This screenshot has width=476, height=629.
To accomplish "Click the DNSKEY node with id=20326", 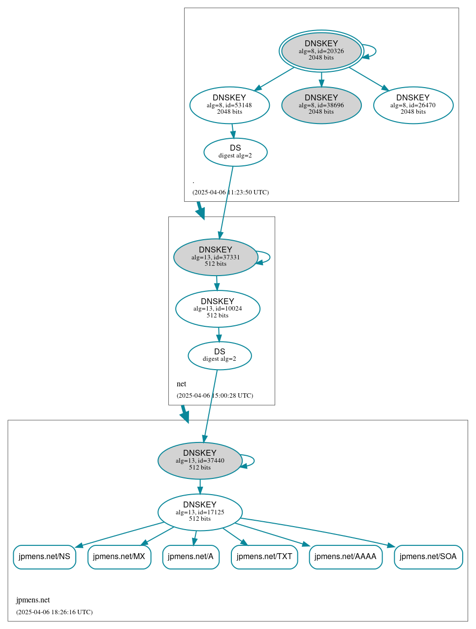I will point(321,51).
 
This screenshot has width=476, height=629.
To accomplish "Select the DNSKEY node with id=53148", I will point(229,105).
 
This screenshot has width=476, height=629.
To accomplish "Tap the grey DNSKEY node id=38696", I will point(321,105).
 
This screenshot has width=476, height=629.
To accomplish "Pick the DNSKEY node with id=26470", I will point(413,105).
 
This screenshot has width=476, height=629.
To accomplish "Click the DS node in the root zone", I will point(235,152).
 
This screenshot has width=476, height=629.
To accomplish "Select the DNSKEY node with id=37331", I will point(216,257).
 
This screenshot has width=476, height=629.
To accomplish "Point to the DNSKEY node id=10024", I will point(218,309).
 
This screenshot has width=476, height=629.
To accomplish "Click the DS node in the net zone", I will point(220,355).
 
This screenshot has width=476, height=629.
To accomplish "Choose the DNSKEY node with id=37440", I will point(200,461).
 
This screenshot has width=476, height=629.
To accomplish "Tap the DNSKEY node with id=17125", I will point(200,512).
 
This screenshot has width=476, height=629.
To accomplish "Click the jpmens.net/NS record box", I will point(44,557).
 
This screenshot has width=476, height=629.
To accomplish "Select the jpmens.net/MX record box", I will point(119,557).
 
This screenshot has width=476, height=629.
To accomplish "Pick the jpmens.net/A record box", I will point(190,557).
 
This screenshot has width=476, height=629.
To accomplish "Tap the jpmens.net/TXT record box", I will point(264,557).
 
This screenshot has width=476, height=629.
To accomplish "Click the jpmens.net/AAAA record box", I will point(346,557).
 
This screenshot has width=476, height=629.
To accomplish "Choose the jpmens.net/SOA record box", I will point(428,557).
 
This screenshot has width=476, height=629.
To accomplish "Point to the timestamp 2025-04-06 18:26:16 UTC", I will point(54,612).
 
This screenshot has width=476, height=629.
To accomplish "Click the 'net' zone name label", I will point(182,384).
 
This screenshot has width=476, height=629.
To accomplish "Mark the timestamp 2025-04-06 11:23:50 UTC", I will point(230,192).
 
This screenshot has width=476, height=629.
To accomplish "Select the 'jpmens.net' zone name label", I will point(33,600).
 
